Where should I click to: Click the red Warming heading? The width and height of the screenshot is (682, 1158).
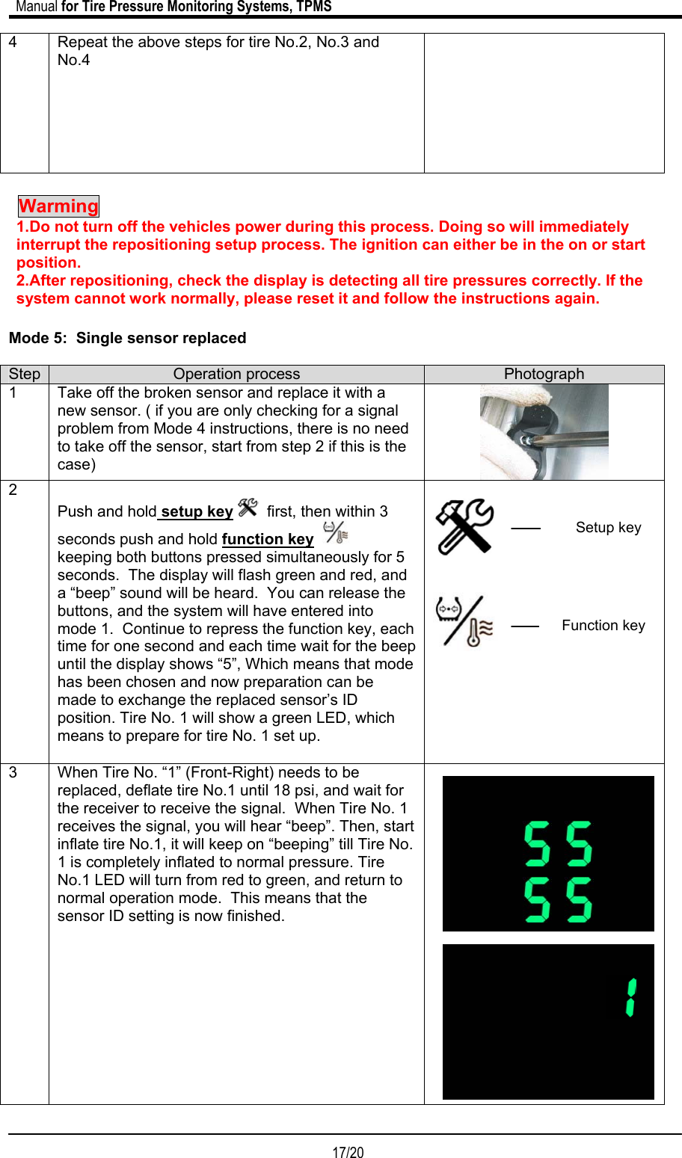[x=58, y=206]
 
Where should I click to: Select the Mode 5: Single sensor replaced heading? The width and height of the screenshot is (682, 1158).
[x=127, y=338]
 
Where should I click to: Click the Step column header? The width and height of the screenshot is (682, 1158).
[x=25, y=375]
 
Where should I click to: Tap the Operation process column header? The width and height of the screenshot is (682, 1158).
[x=236, y=375]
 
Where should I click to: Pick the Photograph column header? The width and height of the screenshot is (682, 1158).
[x=544, y=375]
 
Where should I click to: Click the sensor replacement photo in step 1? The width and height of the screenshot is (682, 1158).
[x=544, y=432]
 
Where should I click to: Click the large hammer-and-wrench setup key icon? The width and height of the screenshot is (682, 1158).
[x=464, y=527]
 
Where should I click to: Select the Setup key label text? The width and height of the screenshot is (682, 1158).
[x=608, y=528]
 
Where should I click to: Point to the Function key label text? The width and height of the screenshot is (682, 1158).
[x=603, y=626]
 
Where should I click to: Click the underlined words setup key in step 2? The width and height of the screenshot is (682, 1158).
[x=197, y=512]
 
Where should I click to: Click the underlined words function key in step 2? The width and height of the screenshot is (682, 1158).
[x=268, y=540]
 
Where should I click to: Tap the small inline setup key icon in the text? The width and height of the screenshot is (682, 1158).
[x=248, y=508]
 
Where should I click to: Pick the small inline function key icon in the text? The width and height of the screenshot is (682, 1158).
[x=336, y=533]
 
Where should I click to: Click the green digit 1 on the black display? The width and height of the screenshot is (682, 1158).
[x=631, y=997]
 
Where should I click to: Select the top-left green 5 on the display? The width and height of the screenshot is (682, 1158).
[x=537, y=843]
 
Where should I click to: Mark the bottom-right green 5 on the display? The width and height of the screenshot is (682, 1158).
[x=579, y=899]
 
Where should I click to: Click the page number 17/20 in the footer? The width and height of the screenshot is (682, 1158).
[x=348, y=1152]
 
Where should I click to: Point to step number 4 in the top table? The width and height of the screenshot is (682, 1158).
[x=13, y=43]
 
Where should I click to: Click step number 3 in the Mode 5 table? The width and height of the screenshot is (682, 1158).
[x=13, y=773]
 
